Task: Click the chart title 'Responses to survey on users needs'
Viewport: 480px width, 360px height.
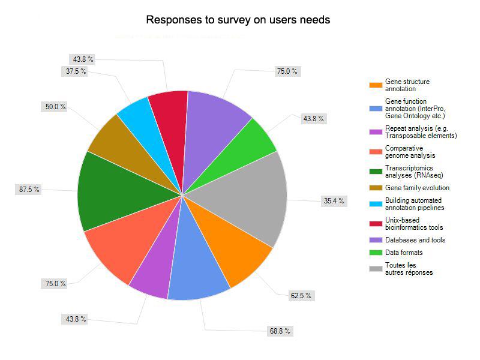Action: [238, 20]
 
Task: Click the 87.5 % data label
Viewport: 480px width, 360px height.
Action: [28, 189]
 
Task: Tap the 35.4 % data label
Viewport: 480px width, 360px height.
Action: [334, 201]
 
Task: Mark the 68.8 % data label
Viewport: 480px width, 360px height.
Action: [280, 331]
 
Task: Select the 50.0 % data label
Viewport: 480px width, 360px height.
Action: [55, 107]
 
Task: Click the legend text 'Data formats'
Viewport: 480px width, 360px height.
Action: [404, 253]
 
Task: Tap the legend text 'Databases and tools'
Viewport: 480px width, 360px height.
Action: [415, 240]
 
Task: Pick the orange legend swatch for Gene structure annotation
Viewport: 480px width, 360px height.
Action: [376, 85]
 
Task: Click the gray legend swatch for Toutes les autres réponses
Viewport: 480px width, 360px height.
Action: [376, 268]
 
